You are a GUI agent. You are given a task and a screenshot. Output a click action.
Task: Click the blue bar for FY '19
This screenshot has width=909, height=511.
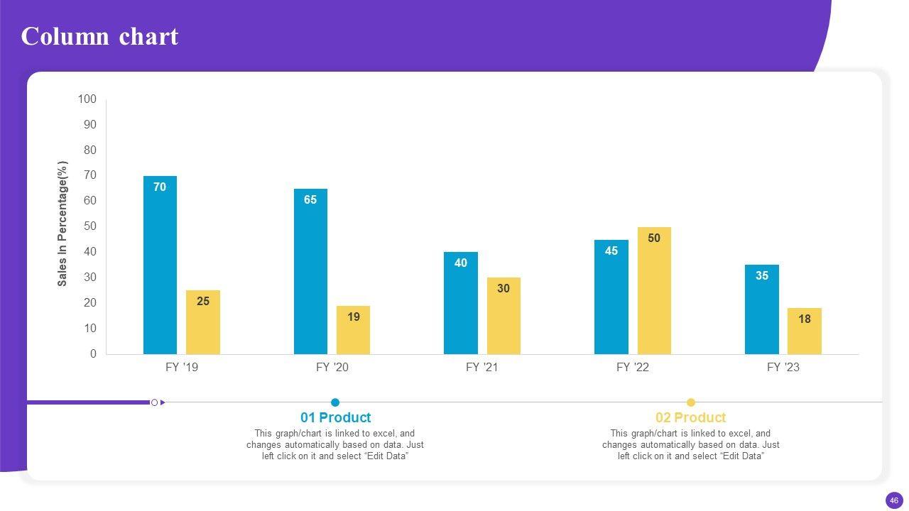point(160,270)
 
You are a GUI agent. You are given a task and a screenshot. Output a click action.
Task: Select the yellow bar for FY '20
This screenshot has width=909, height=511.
point(353,334)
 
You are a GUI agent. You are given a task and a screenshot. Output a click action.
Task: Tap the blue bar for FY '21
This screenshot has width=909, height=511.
point(461,305)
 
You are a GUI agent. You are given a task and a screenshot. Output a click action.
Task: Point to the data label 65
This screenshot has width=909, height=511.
point(310,200)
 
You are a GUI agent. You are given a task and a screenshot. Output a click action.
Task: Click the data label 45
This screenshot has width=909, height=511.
point(611,251)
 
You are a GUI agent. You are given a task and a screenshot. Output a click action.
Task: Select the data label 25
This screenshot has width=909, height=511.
point(203,302)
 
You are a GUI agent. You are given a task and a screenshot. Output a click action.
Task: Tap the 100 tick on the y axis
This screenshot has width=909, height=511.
point(87,99)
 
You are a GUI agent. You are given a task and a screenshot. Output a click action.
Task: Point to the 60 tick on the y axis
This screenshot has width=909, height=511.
point(90,201)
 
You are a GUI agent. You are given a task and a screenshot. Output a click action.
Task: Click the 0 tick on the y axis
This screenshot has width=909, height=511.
point(93,353)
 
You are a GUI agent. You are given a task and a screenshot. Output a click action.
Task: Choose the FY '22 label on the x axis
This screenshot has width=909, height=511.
point(633,368)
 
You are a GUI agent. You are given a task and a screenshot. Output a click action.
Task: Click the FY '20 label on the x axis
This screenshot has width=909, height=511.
point(332,368)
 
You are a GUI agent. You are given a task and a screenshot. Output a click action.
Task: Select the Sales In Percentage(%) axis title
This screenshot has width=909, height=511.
point(62,224)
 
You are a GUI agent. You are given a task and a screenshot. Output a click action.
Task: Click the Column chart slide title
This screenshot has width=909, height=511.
point(99,36)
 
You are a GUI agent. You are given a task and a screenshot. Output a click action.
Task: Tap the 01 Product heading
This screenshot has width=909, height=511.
point(335,417)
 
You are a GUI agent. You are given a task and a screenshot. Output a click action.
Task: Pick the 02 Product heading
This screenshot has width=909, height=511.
point(690,417)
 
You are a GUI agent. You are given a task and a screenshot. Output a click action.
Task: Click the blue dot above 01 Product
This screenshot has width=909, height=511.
point(335,402)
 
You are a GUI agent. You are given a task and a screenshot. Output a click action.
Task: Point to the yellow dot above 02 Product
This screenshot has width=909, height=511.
point(691,402)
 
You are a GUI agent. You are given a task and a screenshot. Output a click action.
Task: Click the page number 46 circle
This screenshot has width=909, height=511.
point(894,500)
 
